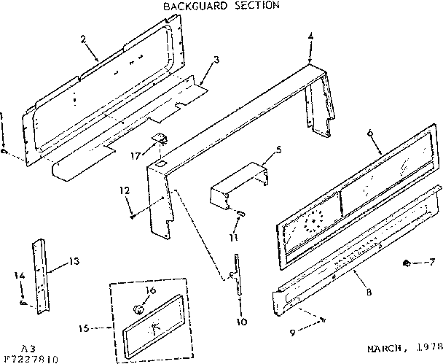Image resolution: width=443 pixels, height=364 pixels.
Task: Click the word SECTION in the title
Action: [x=254, y=6]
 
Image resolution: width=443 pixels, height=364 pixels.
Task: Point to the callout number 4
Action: [x=311, y=36]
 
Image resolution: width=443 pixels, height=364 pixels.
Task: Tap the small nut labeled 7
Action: [x=406, y=262]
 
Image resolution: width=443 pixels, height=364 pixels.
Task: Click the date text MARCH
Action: [x=384, y=349]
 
